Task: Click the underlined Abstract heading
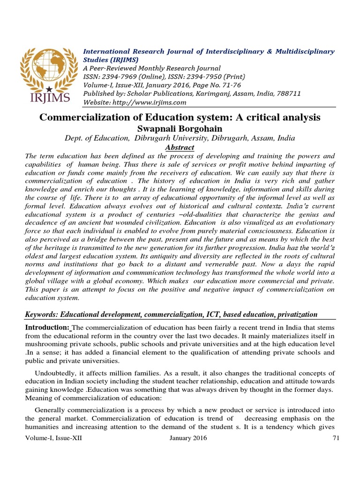180,147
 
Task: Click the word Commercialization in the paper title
87,117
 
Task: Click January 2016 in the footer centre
187,438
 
